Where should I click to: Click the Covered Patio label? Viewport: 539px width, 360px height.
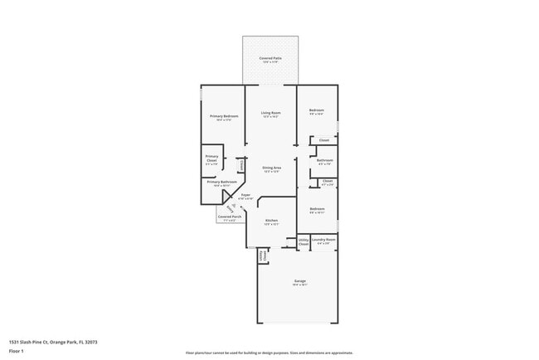pyautogui.click(x=269, y=58)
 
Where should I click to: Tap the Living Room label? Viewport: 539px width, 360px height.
pyautogui.click(x=271, y=113)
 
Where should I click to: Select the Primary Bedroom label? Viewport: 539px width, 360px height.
pyautogui.click(x=224, y=116)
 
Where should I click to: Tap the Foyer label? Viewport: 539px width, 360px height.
pyautogui.click(x=245, y=195)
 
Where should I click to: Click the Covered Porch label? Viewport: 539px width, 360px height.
pyautogui.click(x=230, y=216)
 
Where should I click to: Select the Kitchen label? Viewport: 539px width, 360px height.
pyautogui.click(x=271, y=220)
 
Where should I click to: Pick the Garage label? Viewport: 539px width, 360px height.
pyautogui.click(x=299, y=281)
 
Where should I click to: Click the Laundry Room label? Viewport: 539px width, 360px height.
pyautogui.click(x=323, y=241)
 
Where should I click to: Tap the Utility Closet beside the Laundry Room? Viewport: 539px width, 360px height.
pyautogui.click(x=303, y=242)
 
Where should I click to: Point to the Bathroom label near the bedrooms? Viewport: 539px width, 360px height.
pyautogui.click(x=325, y=160)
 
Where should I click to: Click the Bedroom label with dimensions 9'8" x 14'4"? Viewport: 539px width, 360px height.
pyautogui.click(x=317, y=111)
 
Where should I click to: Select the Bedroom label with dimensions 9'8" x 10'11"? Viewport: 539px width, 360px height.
pyautogui.click(x=317, y=209)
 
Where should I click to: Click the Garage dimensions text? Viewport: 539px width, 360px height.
pyautogui.click(x=299, y=285)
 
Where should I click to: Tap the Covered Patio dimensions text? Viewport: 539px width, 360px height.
pyautogui.click(x=269, y=62)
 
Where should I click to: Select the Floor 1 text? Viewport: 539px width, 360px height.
pyautogui.click(x=17, y=351)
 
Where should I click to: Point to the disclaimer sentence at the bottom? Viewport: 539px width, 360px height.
pyautogui.click(x=269, y=352)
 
